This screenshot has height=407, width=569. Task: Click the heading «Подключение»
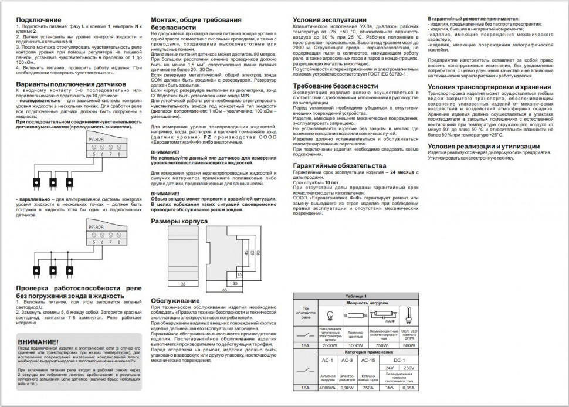37,20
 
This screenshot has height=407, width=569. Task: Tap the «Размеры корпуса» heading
179,222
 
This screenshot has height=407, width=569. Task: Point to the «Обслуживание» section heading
175,301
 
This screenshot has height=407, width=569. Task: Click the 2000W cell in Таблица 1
330,346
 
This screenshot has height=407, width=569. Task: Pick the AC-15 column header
368,360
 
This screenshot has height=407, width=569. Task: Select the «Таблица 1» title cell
355,296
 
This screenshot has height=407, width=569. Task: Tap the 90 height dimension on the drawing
259,253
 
